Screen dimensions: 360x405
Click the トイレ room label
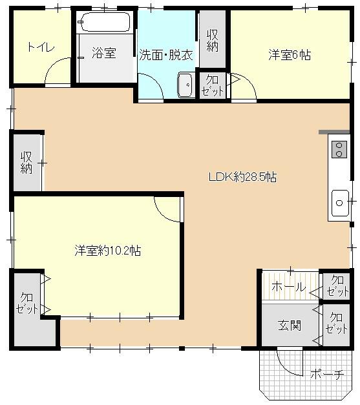click(x=41, y=48)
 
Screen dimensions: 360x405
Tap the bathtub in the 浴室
click(x=105, y=22)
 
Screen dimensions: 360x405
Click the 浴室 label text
click(x=103, y=53)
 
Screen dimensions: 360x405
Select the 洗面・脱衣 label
click(x=166, y=55)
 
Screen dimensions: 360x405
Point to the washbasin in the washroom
click(x=185, y=85)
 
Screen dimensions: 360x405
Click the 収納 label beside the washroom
click(x=212, y=41)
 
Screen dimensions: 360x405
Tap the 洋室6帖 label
click(x=290, y=55)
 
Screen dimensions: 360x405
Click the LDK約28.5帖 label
click(x=242, y=177)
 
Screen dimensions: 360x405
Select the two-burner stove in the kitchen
click(x=339, y=150)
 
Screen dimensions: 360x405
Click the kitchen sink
click(x=340, y=203)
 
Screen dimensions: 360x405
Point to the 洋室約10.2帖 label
click(x=108, y=250)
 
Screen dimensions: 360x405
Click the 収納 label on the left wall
click(x=26, y=163)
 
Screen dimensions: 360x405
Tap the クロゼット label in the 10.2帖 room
click(x=27, y=303)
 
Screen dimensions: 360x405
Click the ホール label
click(x=289, y=287)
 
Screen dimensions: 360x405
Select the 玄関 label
click(x=290, y=326)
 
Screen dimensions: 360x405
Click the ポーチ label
click(x=327, y=374)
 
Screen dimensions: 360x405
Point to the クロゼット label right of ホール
click(x=337, y=286)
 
